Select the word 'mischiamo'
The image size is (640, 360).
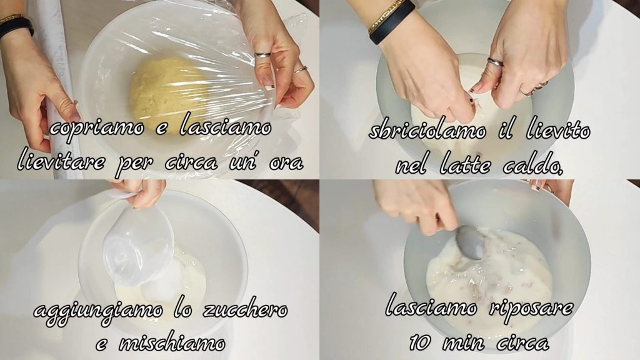click(171, 342)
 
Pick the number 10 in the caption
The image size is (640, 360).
click(421, 341)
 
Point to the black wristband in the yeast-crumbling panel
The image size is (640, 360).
click(392, 22)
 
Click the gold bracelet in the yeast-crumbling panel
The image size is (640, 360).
click(385, 16)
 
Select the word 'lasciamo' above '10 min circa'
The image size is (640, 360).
click(431, 306)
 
